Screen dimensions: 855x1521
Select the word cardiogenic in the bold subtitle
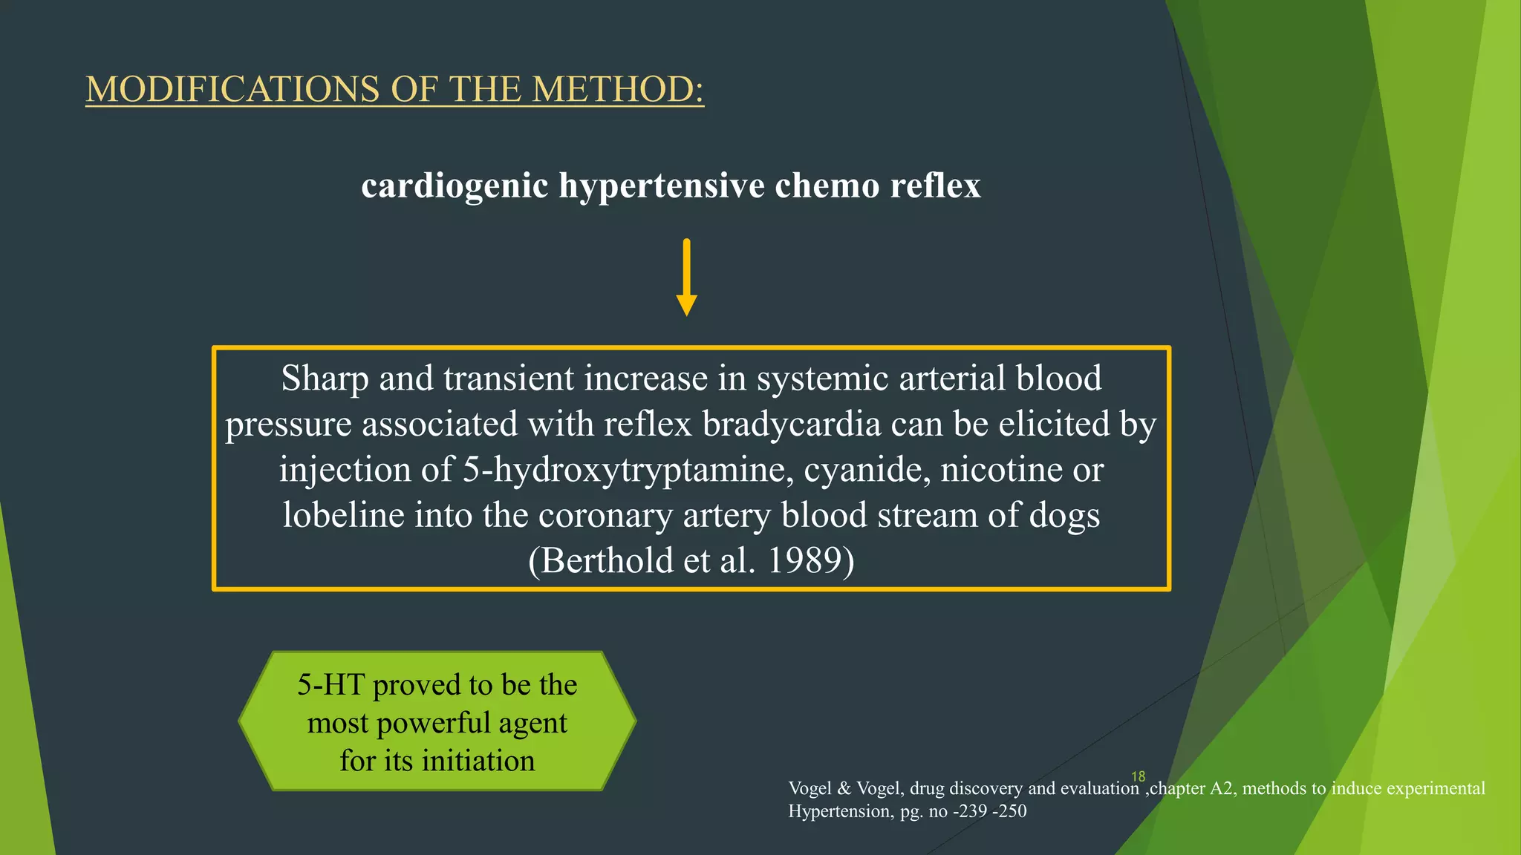tap(455, 185)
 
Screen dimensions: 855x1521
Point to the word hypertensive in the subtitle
tap(662, 185)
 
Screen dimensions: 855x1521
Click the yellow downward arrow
tap(686, 278)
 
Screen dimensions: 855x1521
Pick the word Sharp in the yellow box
tap(325, 379)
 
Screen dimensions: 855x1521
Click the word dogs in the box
tap(1064, 515)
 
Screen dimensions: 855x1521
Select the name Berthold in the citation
tap(608, 560)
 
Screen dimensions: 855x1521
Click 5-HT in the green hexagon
tap(330, 684)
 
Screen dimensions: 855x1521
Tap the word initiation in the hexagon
tap(478, 761)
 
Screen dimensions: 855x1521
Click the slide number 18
tap(1138, 776)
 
